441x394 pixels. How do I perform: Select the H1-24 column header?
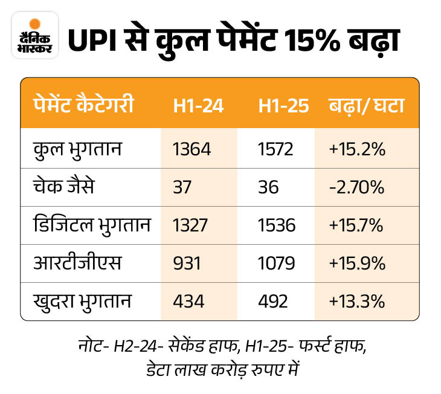click(198, 106)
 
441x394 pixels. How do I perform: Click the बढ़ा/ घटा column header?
click(366, 106)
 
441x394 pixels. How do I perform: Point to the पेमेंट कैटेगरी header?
click(84, 106)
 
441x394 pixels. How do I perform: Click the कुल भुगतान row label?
click(78, 148)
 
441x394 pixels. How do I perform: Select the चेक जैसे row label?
click(66, 187)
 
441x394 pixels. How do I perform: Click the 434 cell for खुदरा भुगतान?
click(188, 301)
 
